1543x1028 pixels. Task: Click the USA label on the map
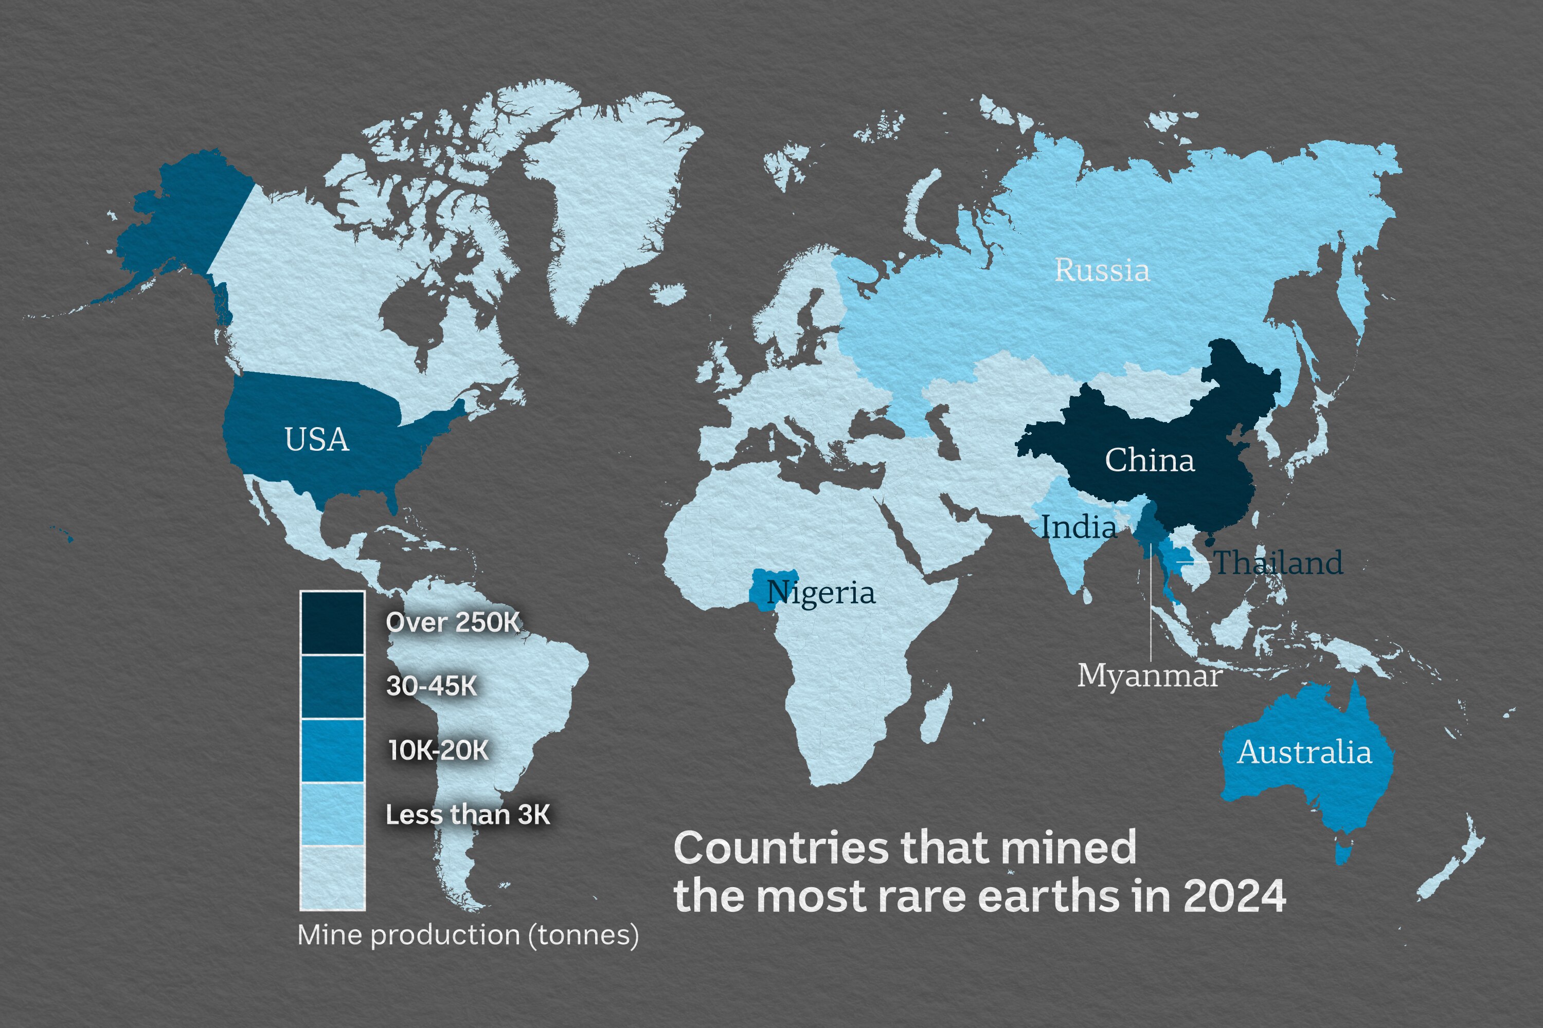(x=316, y=440)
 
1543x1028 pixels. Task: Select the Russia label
(x=1102, y=270)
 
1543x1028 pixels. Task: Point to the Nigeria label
(x=821, y=593)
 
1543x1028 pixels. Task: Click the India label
(x=1079, y=527)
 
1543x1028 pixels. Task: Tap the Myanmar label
(x=1150, y=675)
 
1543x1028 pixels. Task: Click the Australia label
(x=1304, y=752)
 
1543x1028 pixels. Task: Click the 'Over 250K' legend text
(x=453, y=622)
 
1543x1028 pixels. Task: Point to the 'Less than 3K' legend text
(x=468, y=814)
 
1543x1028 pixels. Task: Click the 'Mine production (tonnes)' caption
(x=468, y=935)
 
